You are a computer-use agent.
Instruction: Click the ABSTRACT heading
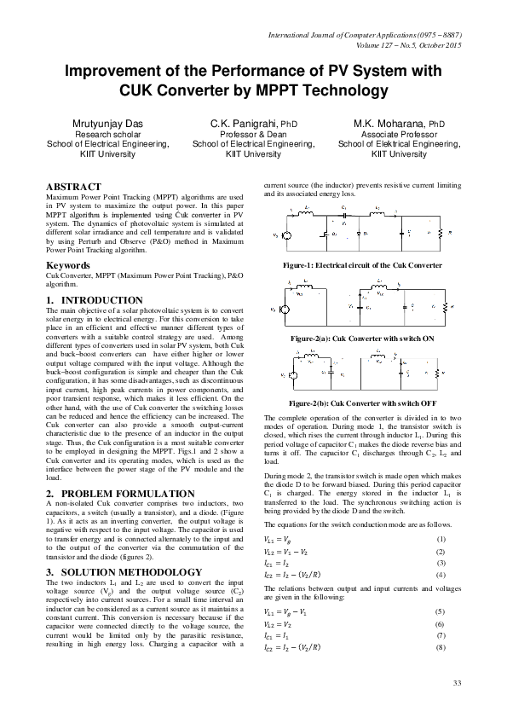(x=73, y=186)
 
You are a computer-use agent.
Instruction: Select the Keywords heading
(x=68, y=265)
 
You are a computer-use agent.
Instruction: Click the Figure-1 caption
(x=362, y=265)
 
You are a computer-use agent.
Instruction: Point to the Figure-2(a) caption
(x=362, y=339)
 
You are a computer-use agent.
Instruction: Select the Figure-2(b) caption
(x=362, y=401)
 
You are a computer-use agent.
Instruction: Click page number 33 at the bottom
(x=456, y=684)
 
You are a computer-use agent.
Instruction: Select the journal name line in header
(x=365, y=36)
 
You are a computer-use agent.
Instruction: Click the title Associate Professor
(x=399, y=135)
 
